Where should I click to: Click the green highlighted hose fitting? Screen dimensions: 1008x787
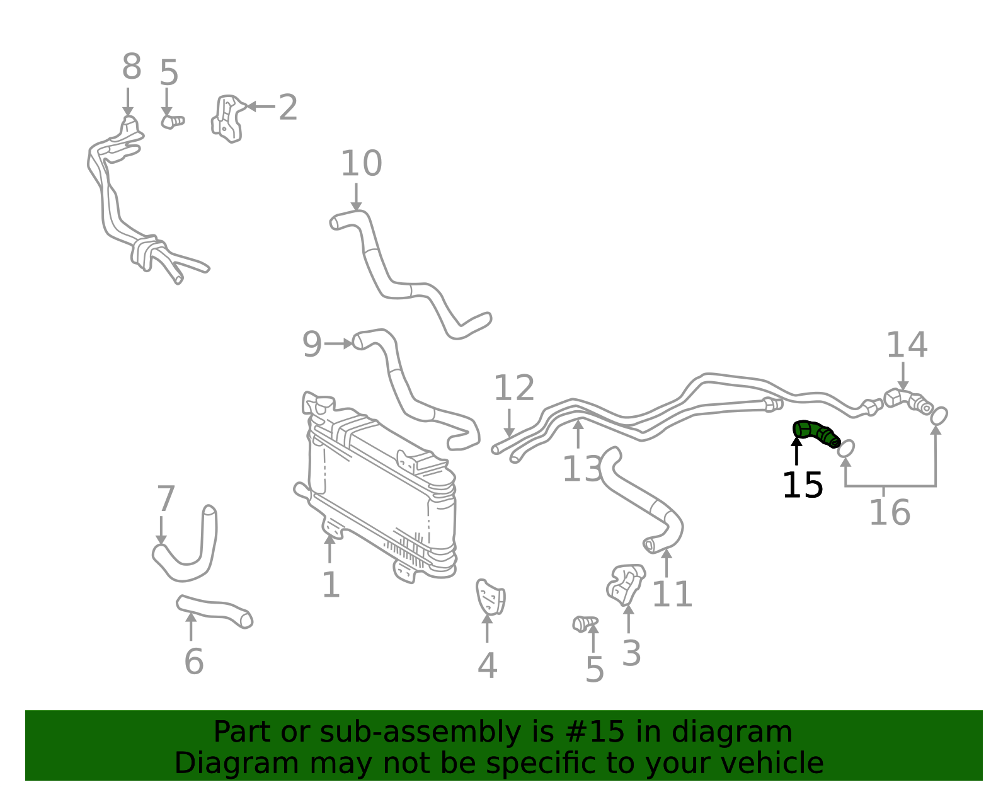coord(816,433)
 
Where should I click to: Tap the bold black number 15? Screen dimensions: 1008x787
coord(802,486)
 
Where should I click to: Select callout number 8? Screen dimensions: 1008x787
coord(131,66)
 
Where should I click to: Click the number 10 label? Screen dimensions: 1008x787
coord(361,163)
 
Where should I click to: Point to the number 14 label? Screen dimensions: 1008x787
coord(907,345)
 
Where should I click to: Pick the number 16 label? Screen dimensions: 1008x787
coord(890,512)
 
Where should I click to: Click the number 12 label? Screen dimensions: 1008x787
coord(513,388)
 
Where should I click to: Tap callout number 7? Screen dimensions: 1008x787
coord(166,498)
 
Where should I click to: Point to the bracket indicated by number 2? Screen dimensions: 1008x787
coord(227,119)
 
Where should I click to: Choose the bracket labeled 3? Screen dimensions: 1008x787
coord(626,584)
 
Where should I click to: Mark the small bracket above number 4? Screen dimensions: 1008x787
coord(490,597)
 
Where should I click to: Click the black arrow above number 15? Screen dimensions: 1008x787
coord(796,451)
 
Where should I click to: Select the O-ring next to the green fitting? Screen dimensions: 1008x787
coord(845,448)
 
